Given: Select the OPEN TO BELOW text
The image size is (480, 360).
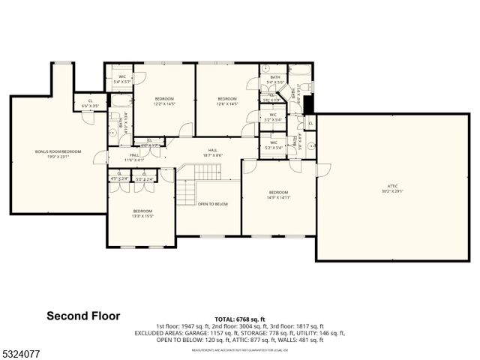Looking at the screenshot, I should point(214,204).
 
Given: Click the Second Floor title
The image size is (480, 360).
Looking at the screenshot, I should point(83,316).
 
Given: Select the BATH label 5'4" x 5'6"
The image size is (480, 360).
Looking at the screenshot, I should point(275,82).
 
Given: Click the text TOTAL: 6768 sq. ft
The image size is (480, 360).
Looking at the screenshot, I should point(239,319).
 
